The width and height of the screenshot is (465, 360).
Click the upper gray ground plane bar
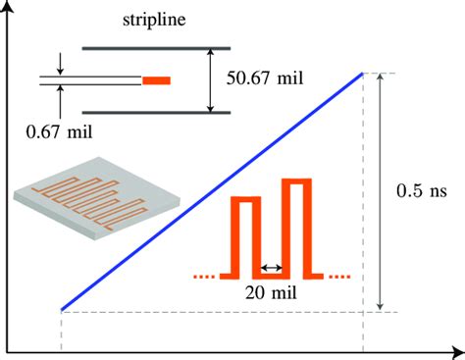[156, 46]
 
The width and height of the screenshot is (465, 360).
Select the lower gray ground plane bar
[156, 112]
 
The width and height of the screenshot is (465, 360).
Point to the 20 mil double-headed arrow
[271, 266]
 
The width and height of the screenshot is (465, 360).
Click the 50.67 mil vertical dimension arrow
[209, 79]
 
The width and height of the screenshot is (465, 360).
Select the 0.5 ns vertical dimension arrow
[381, 192]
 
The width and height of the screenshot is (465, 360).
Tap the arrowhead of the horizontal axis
[458, 349]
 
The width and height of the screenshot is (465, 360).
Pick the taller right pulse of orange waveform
[296, 226]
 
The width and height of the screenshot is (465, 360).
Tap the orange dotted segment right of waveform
[336, 276]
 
